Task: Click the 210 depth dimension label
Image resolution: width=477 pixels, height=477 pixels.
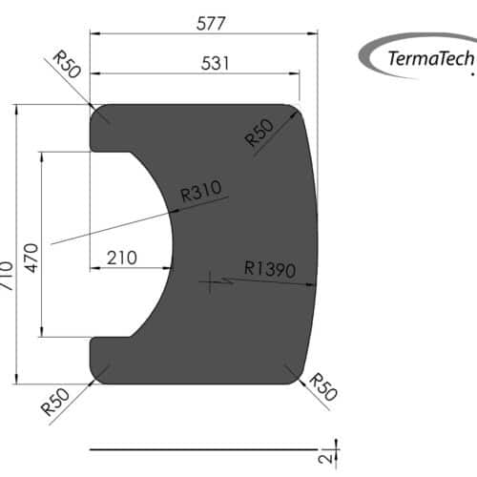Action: [x=123, y=257]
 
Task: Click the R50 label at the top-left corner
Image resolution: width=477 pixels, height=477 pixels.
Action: [x=65, y=66]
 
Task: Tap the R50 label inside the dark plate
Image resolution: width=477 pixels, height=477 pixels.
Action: [x=259, y=133]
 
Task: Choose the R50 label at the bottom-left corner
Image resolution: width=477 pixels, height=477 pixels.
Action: [x=55, y=402]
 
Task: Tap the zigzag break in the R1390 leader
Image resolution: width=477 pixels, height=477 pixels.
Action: [x=228, y=280]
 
